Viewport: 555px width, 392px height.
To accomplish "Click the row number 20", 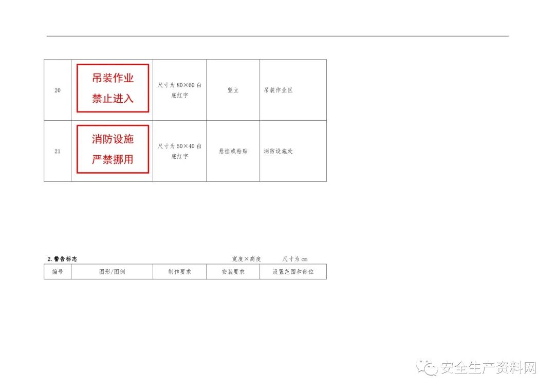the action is [58, 90].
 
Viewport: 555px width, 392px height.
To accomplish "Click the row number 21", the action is [58, 151].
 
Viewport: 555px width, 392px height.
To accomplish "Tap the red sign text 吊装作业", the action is [113, 78].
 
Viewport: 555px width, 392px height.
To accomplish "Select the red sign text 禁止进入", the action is [113, 98].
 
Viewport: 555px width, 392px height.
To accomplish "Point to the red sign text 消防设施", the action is [113, 139].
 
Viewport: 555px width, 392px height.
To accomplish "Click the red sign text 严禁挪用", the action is [113, 159].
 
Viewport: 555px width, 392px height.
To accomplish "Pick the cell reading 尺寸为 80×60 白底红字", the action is [179, 90].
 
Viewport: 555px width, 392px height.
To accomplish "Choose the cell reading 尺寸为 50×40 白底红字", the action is [179, 151].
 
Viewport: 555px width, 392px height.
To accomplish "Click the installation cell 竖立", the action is [233, 90].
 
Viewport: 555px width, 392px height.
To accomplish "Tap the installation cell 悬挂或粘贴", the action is [233, 151].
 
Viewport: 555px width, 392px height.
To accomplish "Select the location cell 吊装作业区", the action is [278, 90].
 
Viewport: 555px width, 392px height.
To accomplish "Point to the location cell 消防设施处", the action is [278, 151].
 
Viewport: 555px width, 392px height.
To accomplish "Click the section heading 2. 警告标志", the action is [62, 259].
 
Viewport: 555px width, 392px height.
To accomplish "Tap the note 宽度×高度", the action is [246, 259].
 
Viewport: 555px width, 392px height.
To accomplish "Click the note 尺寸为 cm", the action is [295, 259].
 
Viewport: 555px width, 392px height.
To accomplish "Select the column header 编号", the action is [58, 272].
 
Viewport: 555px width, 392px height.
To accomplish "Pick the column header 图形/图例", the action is [112, 272].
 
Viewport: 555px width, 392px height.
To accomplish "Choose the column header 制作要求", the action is [179, 272].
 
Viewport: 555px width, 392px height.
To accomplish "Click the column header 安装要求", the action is [233, 272].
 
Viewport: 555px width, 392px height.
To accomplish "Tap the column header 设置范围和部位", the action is [293, 272].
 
